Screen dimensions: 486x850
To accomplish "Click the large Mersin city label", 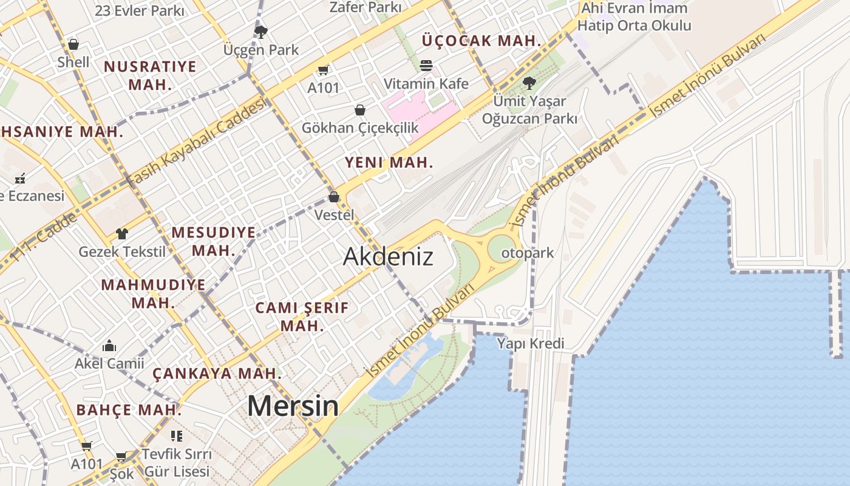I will click(x=293, y=406).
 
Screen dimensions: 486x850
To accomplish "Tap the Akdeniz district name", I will click(x=388, y=256).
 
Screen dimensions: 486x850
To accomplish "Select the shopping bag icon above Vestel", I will click(x=333, y=197).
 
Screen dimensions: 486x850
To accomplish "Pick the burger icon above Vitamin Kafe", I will click(x=426, y=65).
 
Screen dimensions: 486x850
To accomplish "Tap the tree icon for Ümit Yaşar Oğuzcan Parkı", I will click(x=529, y=83).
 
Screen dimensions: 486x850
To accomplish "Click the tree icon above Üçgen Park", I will click(x=260, y=31).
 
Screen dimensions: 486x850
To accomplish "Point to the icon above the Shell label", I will click(x=73, y=44).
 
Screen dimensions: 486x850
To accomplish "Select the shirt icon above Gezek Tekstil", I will click(x=122, y=233).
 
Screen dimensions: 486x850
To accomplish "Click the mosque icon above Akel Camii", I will click(x=109, y=346).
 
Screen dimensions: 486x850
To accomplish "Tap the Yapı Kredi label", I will click(x=531, y=344).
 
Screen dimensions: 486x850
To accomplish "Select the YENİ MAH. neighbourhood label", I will click(x=389, y=162).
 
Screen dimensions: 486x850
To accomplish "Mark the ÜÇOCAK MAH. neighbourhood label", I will click(x=481, y=41).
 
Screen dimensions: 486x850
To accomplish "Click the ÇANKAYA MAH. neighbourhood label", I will click(x=217, y=373).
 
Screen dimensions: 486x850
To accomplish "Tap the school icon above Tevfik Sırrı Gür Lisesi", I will click(x=177, y=436).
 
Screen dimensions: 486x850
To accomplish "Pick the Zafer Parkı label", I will click(x=365, y=7).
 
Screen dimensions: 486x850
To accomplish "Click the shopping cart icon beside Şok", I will click(x=121, y=456).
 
